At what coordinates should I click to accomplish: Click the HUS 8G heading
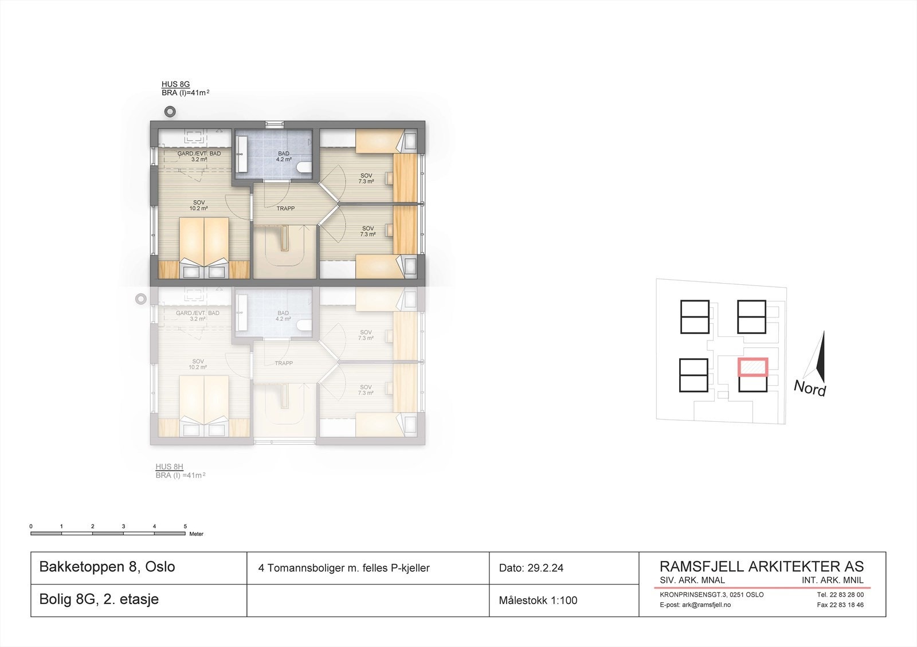coord(175,84)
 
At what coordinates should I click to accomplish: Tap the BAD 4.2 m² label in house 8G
coord(284,156)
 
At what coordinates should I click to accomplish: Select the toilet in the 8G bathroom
coord(304,167)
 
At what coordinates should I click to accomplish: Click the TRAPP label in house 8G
coord(285,209)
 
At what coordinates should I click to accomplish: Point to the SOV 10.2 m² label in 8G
coord(199,205)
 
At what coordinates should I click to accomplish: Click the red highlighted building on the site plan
coord(752,367)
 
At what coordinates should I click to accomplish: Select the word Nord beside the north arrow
coord(809,389)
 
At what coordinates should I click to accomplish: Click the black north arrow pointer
coord(820,358)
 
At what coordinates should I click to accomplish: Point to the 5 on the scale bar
coord(185,526)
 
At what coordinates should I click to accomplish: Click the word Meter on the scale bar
coord(196,534)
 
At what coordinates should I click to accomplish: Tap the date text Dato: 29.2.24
coord(531,568)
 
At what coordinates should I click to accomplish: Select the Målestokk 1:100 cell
coord(538,601)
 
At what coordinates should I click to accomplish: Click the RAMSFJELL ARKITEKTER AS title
coord(761,566)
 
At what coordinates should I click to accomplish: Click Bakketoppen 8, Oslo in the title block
coord(107,567)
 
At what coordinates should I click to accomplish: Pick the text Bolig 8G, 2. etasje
coord(99,599)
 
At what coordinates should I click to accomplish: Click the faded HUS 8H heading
coord(170,466)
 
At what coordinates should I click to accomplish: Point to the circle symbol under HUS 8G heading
coord(170,111)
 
